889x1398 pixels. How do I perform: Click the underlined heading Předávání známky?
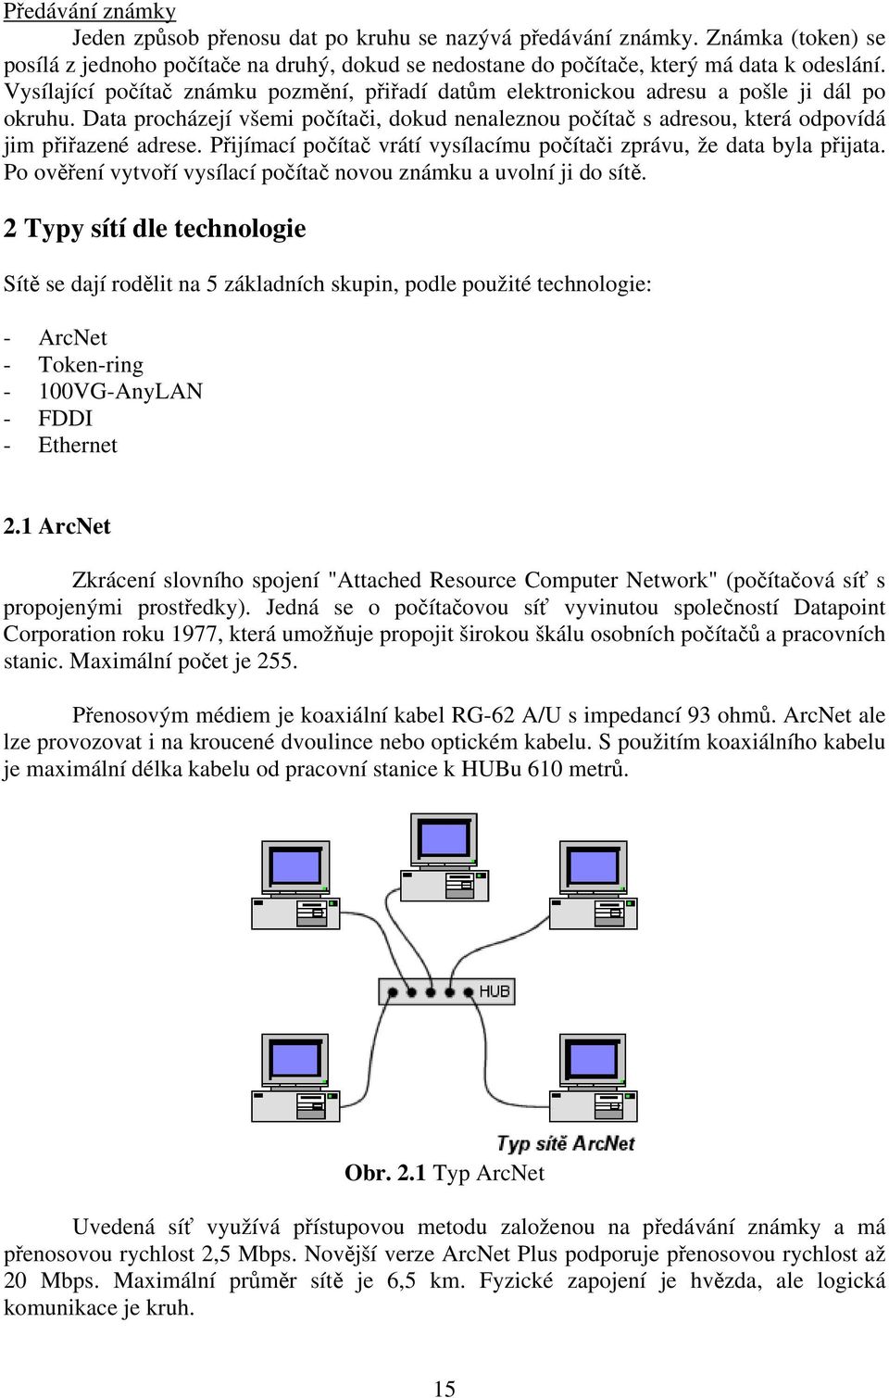[90, 11]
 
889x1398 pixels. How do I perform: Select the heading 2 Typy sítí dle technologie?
[155, 229]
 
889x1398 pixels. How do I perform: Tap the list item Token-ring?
[91, 364]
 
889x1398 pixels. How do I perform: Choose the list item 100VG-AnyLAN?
[120, 391]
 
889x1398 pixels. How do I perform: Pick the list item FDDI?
[65, 418]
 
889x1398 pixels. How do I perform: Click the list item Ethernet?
[78, 445]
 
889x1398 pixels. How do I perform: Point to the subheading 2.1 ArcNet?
[56, 526]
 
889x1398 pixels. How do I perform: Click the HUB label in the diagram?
[495, 991]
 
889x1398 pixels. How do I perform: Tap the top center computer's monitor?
[444, 840]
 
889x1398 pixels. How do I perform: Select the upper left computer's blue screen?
[295, 866]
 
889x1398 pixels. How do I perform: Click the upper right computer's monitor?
[593, 868]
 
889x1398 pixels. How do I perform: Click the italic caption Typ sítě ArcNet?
[566, 1144]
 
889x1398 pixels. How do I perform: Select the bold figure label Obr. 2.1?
[385, 1173]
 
